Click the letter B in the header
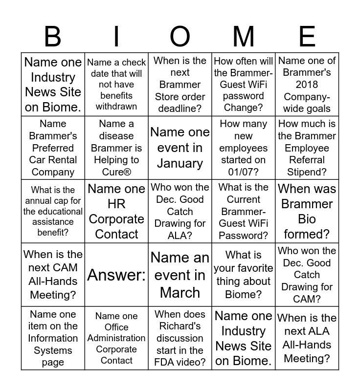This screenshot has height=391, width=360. (53, 37)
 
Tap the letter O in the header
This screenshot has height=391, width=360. (180, 37)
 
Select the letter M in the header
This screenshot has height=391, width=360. (243, 37)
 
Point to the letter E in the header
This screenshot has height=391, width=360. (307, 37)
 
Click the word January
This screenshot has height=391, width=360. (180, 163)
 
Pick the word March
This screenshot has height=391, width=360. (180, 292)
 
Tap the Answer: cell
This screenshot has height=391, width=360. (116, 275)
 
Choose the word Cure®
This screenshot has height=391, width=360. (116, 172)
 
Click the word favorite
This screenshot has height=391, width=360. (243, 268)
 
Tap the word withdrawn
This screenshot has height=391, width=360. (116, 106)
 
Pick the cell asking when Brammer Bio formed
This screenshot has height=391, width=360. (307, 211)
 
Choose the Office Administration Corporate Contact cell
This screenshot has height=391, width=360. (116, 338)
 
